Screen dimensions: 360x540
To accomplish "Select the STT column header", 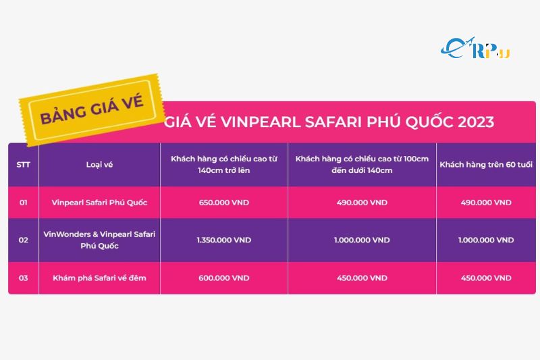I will [x=23, y=165].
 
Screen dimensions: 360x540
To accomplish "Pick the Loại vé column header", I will [x=99, y=165].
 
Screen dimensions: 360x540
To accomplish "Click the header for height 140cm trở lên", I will [x=223, y=165].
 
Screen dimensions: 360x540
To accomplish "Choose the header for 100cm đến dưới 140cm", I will [x=362, y=165].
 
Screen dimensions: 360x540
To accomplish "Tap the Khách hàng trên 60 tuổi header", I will [x=485, y=165].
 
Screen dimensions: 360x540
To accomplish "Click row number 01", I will [x=23, y=203].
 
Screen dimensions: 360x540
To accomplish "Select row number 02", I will [x=23, y=240].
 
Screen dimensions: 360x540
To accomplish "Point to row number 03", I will [x=23, y=278].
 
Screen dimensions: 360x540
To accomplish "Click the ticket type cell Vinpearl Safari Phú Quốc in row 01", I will [x=99, y=203].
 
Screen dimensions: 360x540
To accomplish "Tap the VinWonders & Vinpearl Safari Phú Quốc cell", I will [x=99, y=240].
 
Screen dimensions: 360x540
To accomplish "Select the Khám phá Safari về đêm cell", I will [x=99, y=278].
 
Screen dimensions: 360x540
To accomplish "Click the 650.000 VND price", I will [x=223, y=203].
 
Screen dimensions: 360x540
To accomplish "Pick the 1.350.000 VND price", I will [x=223, y=240].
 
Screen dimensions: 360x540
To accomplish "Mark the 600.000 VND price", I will [x=223, y=278].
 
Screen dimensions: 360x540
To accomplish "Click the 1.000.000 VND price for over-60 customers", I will [x=485, y=240].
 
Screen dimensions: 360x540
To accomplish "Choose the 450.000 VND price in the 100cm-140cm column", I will [x=362, y=278].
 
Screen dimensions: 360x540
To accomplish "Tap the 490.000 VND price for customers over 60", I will [x=485, y=203].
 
